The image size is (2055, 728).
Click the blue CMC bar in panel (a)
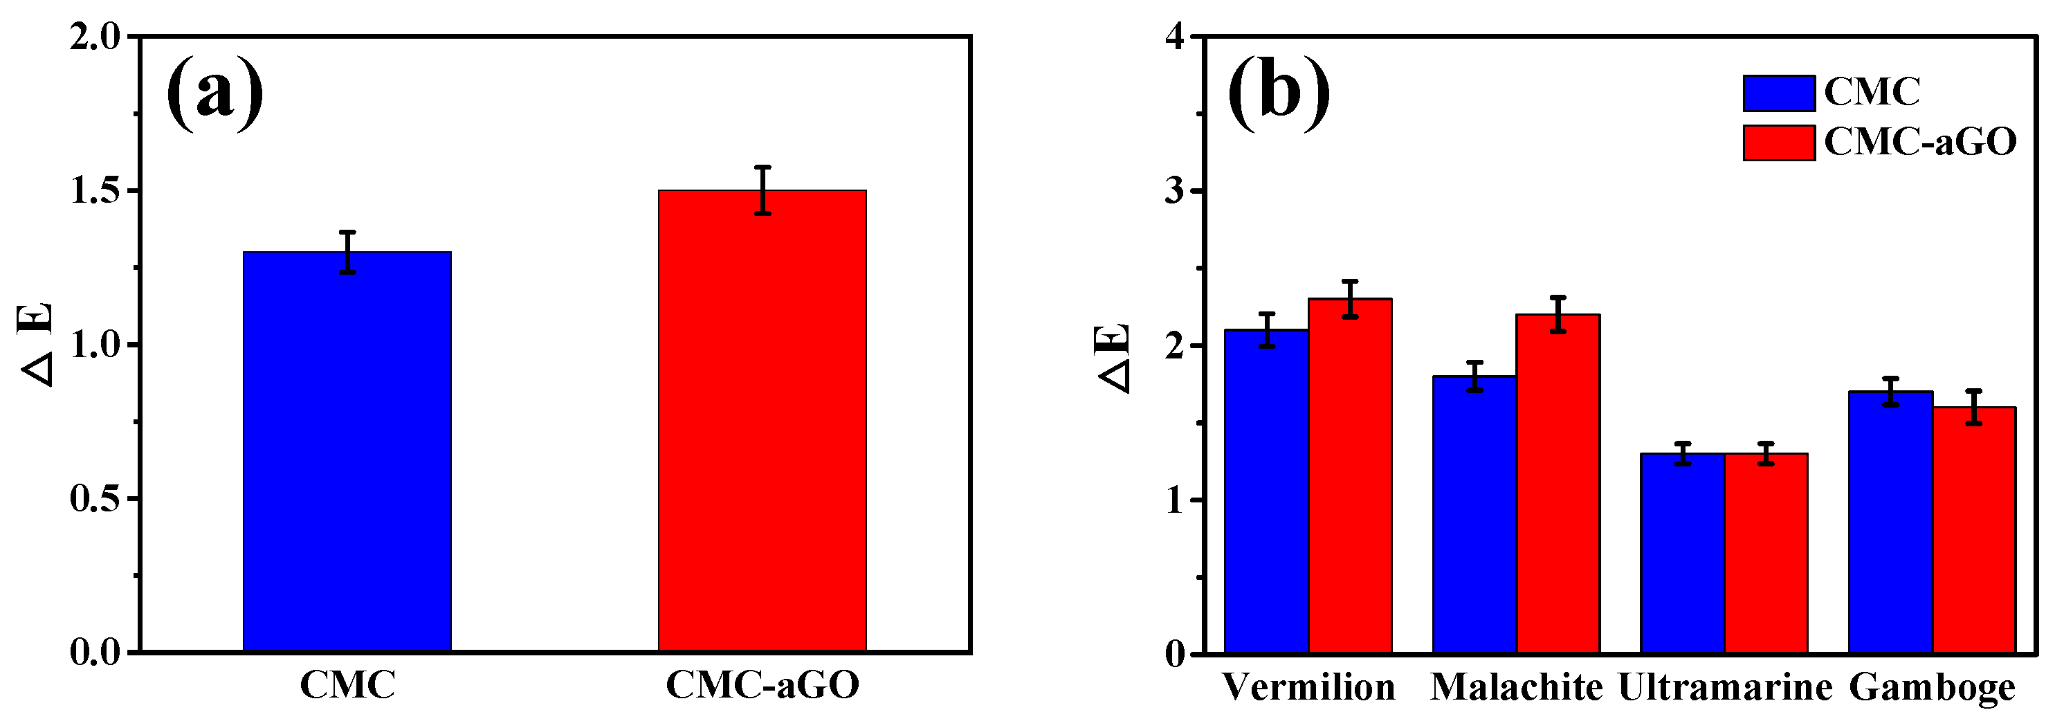[347, 452]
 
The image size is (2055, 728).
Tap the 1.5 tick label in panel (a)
[95, 191]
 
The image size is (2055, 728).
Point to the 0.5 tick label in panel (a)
[95, 499]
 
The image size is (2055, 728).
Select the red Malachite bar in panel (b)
[1558, 484]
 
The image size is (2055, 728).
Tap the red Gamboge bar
[1973, 530]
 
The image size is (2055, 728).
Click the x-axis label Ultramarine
[1725, 687]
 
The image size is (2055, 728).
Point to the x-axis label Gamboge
[1931, 687]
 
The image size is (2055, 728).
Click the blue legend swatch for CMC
[1778, 93]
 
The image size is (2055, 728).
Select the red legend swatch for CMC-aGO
[1778, 143]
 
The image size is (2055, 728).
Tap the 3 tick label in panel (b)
[1174, 192]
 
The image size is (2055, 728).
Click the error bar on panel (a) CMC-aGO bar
[762, 190]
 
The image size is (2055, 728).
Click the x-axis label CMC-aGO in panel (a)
[762, 685]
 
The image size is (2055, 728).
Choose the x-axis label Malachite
[1516, 687]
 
